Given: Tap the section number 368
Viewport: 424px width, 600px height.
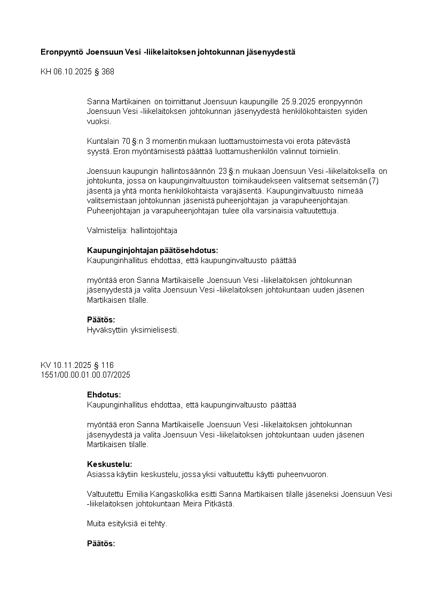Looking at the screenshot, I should pos(107,71).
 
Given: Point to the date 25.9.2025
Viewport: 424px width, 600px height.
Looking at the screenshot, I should pos(299,102).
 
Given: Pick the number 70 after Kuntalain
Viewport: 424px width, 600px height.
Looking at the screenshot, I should pos(127,142).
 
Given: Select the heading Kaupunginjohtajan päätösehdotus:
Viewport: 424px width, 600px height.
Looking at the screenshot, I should pos(153,251).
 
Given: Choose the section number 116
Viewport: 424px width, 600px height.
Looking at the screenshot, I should pos(107,365).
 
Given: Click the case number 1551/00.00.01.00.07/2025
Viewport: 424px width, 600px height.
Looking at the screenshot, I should pos(85,375).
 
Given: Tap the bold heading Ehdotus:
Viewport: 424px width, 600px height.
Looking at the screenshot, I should pos(104,395).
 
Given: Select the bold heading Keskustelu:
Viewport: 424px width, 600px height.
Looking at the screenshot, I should pos(109,464).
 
